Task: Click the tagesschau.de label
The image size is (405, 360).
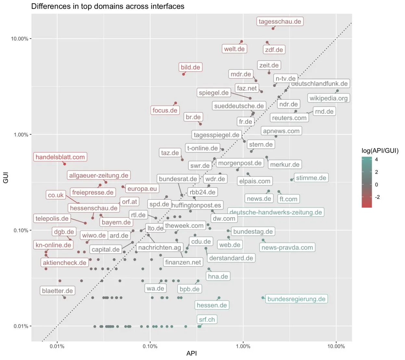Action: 280,21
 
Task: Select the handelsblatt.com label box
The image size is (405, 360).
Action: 60,157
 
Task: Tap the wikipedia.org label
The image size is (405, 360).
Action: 328,98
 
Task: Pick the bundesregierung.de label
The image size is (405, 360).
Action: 296,299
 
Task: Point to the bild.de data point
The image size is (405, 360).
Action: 184,74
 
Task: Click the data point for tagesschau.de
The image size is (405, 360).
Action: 273,29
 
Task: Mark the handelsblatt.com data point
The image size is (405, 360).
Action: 65,164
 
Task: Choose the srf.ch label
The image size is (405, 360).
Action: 207,319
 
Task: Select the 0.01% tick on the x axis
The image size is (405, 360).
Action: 57,346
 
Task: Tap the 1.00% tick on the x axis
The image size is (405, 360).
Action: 243,346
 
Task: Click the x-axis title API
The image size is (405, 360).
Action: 192,354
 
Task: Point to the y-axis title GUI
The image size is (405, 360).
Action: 6,178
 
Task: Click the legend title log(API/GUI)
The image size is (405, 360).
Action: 380,151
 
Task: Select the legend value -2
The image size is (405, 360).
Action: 377,197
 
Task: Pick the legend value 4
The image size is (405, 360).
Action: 376,159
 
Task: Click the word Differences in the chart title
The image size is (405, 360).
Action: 50,6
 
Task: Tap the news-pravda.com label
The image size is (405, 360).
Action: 287,247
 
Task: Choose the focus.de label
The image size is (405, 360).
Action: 165,110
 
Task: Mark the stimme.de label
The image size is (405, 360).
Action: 311,178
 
